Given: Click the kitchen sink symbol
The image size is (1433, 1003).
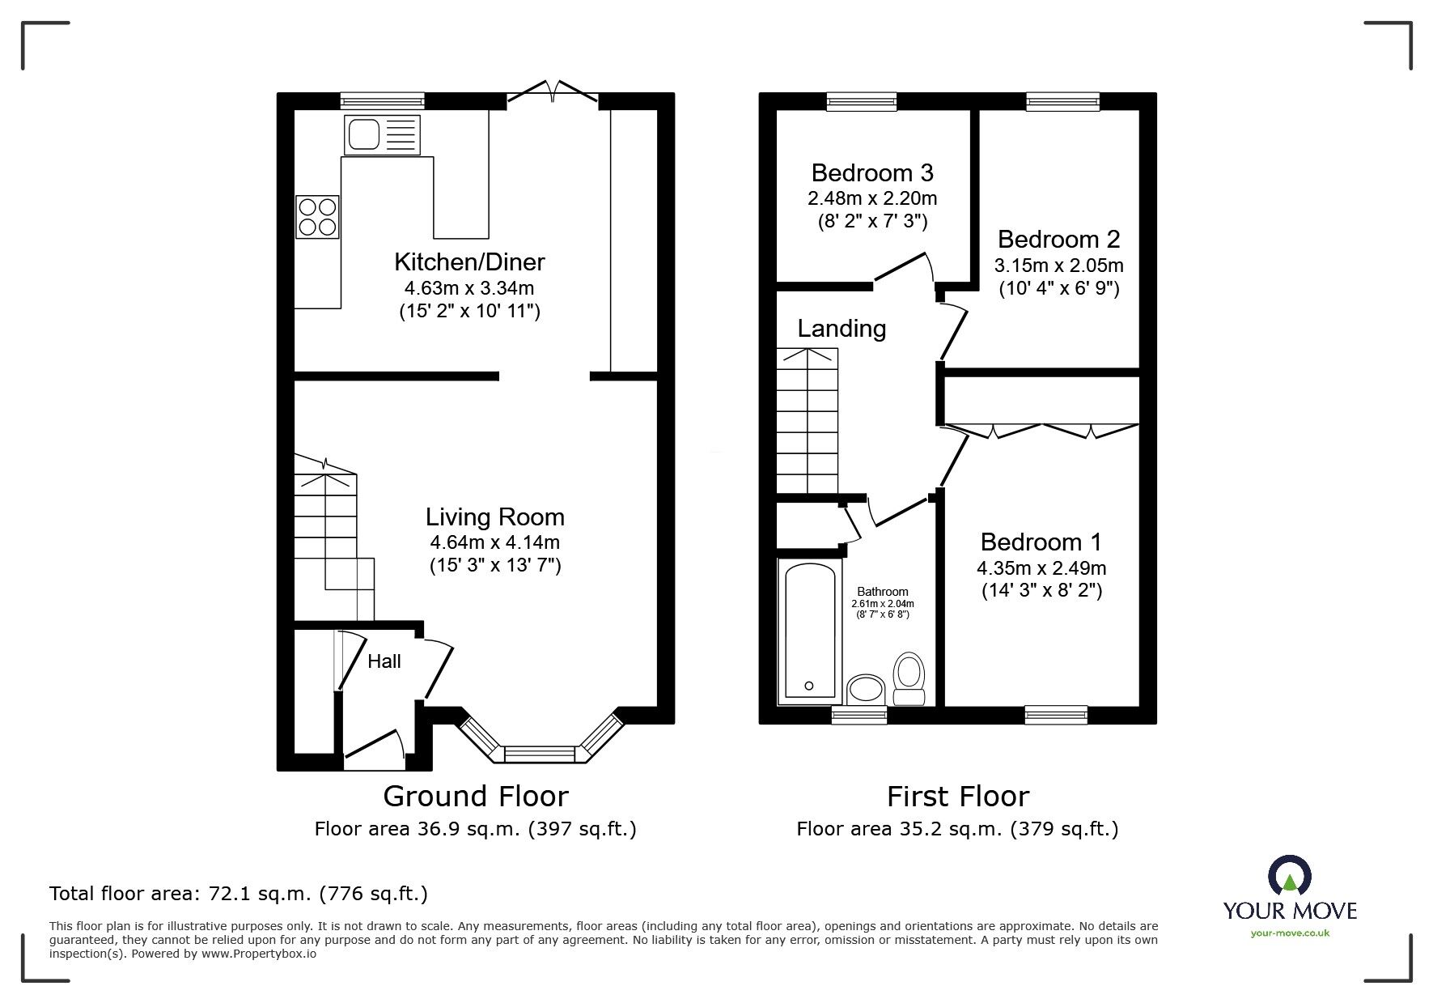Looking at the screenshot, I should point(382,134).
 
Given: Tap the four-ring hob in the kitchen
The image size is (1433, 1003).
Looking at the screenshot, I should point(317,216).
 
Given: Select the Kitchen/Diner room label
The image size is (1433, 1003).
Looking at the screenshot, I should point(469,261).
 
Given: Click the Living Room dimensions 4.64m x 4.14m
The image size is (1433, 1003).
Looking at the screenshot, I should point(494,542).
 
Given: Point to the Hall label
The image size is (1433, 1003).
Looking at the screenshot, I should point(384,661).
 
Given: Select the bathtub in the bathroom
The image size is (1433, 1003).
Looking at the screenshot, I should point(809,631).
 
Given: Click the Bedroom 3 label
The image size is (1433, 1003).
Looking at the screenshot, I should point(872,172).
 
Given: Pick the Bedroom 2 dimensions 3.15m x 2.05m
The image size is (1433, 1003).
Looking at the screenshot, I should point(1058,265).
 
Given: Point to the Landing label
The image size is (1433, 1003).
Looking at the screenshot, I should point(842,328).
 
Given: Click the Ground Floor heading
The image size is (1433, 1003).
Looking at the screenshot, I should point(476,797).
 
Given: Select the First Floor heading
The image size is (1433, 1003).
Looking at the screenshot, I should point(958,797).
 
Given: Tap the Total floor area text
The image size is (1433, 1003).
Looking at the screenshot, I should point(239,894).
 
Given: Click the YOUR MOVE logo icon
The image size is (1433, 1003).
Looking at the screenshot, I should point(1290,877).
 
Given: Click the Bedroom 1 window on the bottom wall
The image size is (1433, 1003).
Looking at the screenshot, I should point(1056,714).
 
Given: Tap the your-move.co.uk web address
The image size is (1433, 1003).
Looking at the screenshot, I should point(1290,933).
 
